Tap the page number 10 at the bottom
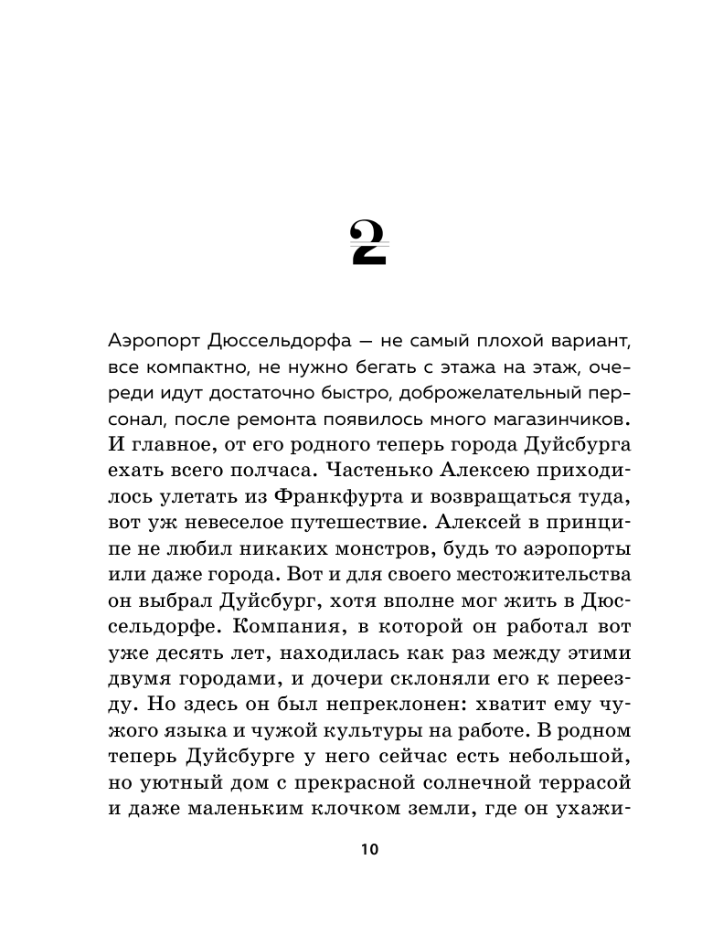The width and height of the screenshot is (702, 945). pos(368,849)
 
